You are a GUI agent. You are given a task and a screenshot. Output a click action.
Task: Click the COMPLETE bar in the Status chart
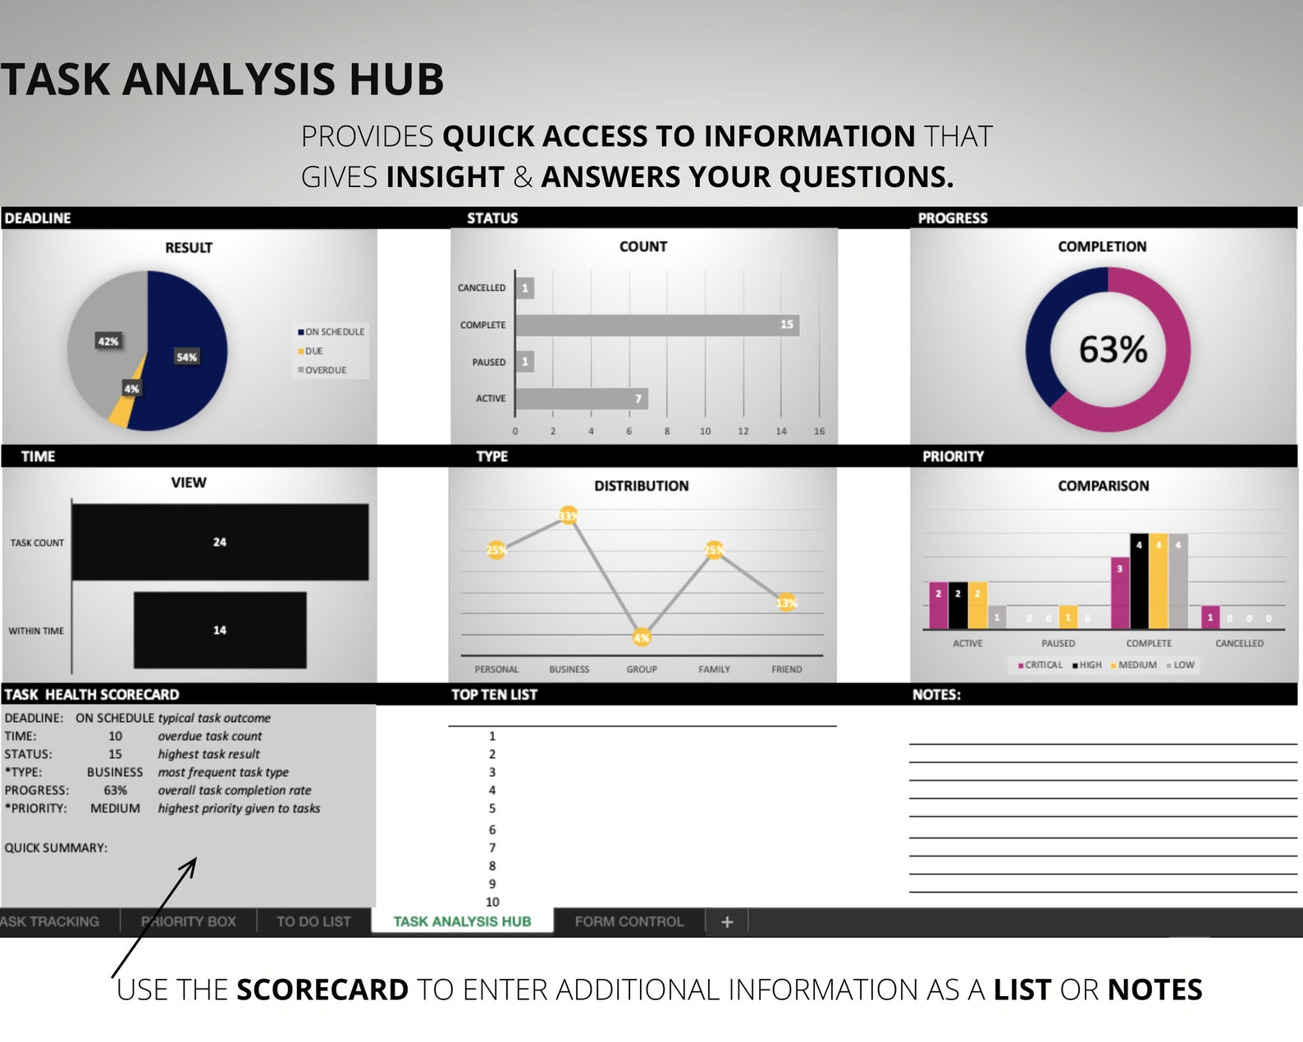click(656, 325)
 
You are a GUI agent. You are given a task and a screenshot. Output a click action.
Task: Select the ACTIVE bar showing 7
click(581, 399)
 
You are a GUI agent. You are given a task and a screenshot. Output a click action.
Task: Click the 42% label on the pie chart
click(108, 341)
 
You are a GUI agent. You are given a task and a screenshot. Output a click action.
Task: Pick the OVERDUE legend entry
click(325, 370)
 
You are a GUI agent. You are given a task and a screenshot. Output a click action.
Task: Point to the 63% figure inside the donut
click(1112, 350)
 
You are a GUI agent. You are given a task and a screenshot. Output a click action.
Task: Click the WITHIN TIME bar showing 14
click(220, 630)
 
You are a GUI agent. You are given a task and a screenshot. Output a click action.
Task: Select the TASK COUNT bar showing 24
click(220, 542)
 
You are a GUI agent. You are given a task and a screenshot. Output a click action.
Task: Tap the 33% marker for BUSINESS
click(568, 516)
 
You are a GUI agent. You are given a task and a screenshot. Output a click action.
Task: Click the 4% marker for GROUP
click(642, 638)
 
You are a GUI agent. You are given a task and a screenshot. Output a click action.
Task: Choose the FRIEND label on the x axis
click(786, 670)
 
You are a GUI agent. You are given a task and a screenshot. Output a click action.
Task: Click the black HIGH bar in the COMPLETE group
click(1139, 581)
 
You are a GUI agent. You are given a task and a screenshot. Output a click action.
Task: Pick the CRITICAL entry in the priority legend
click(1040, 665)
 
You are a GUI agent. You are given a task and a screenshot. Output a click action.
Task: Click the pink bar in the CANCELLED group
click(1209, 617)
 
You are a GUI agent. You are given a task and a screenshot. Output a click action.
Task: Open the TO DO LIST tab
click(313, 921)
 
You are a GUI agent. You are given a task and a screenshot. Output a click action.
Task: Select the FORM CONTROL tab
click(629, 921)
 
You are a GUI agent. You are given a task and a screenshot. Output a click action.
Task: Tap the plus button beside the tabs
click(727, 922)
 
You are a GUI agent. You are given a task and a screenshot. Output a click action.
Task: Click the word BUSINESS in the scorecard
click(115, 772)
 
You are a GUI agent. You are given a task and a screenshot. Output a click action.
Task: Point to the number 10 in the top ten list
click(492, 902)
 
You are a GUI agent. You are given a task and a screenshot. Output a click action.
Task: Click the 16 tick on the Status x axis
click(819, 431)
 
